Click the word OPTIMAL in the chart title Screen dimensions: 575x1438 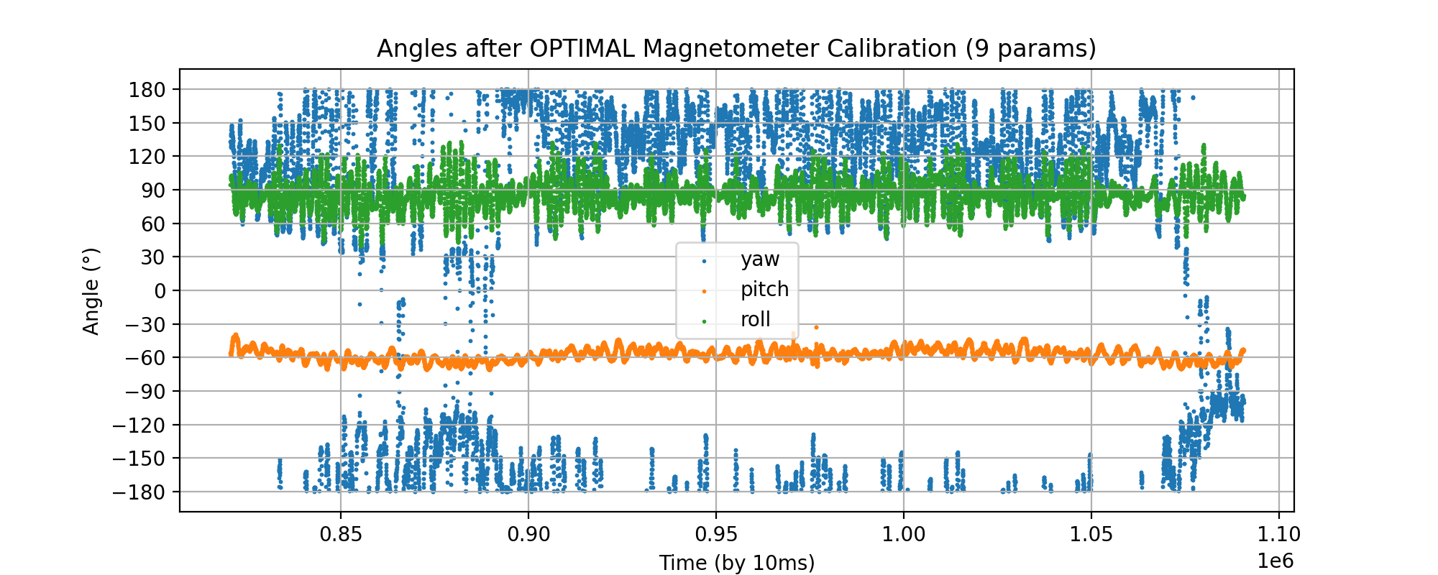tap(582, 49)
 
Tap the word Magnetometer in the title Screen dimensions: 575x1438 tap(732, 49)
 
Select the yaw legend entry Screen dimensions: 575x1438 tap(759, 259)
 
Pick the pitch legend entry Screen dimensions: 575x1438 tap(764, 290)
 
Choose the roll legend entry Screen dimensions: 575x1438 tap(755, 320)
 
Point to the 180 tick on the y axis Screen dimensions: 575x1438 tap(148, 90)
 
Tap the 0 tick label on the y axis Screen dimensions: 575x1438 tap(159, 291)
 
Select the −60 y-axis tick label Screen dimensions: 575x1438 tap(145, 358)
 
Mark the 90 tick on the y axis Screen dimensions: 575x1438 tap(153, 190)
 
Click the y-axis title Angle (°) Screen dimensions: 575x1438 tap(91, 291)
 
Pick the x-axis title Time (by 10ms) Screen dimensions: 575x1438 tap(737, 563)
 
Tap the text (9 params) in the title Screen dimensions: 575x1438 tap(1030, 49)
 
